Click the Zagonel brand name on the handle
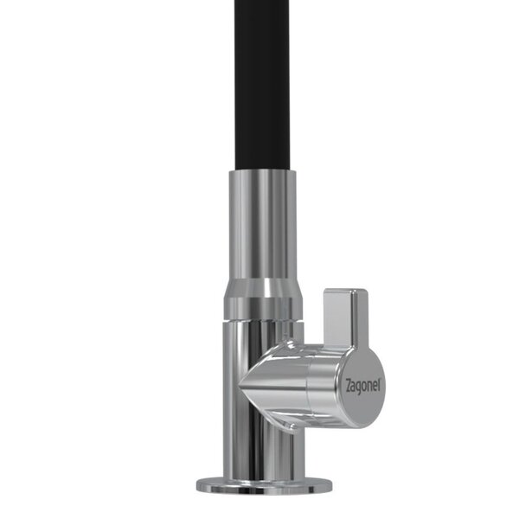[x=363, y=386]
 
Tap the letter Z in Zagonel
[x=348, y=386]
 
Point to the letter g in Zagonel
[x=359, y=388]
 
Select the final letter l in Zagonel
[x=379, y=384]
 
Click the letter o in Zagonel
[x=364, y=387]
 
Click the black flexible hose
[x=262, y=86]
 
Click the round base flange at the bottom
[x=264, y=488]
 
